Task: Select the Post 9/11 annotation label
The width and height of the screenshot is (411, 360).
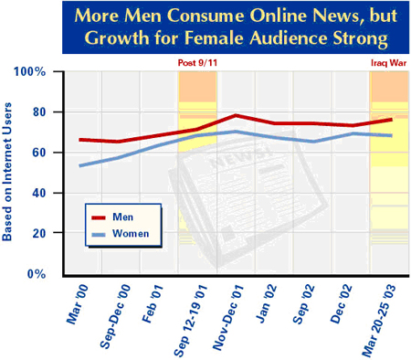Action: tap(197, 63)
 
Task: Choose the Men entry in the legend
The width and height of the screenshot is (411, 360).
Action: tap(120, 217)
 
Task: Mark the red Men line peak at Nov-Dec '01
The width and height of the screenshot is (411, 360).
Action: tap(237, 116)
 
